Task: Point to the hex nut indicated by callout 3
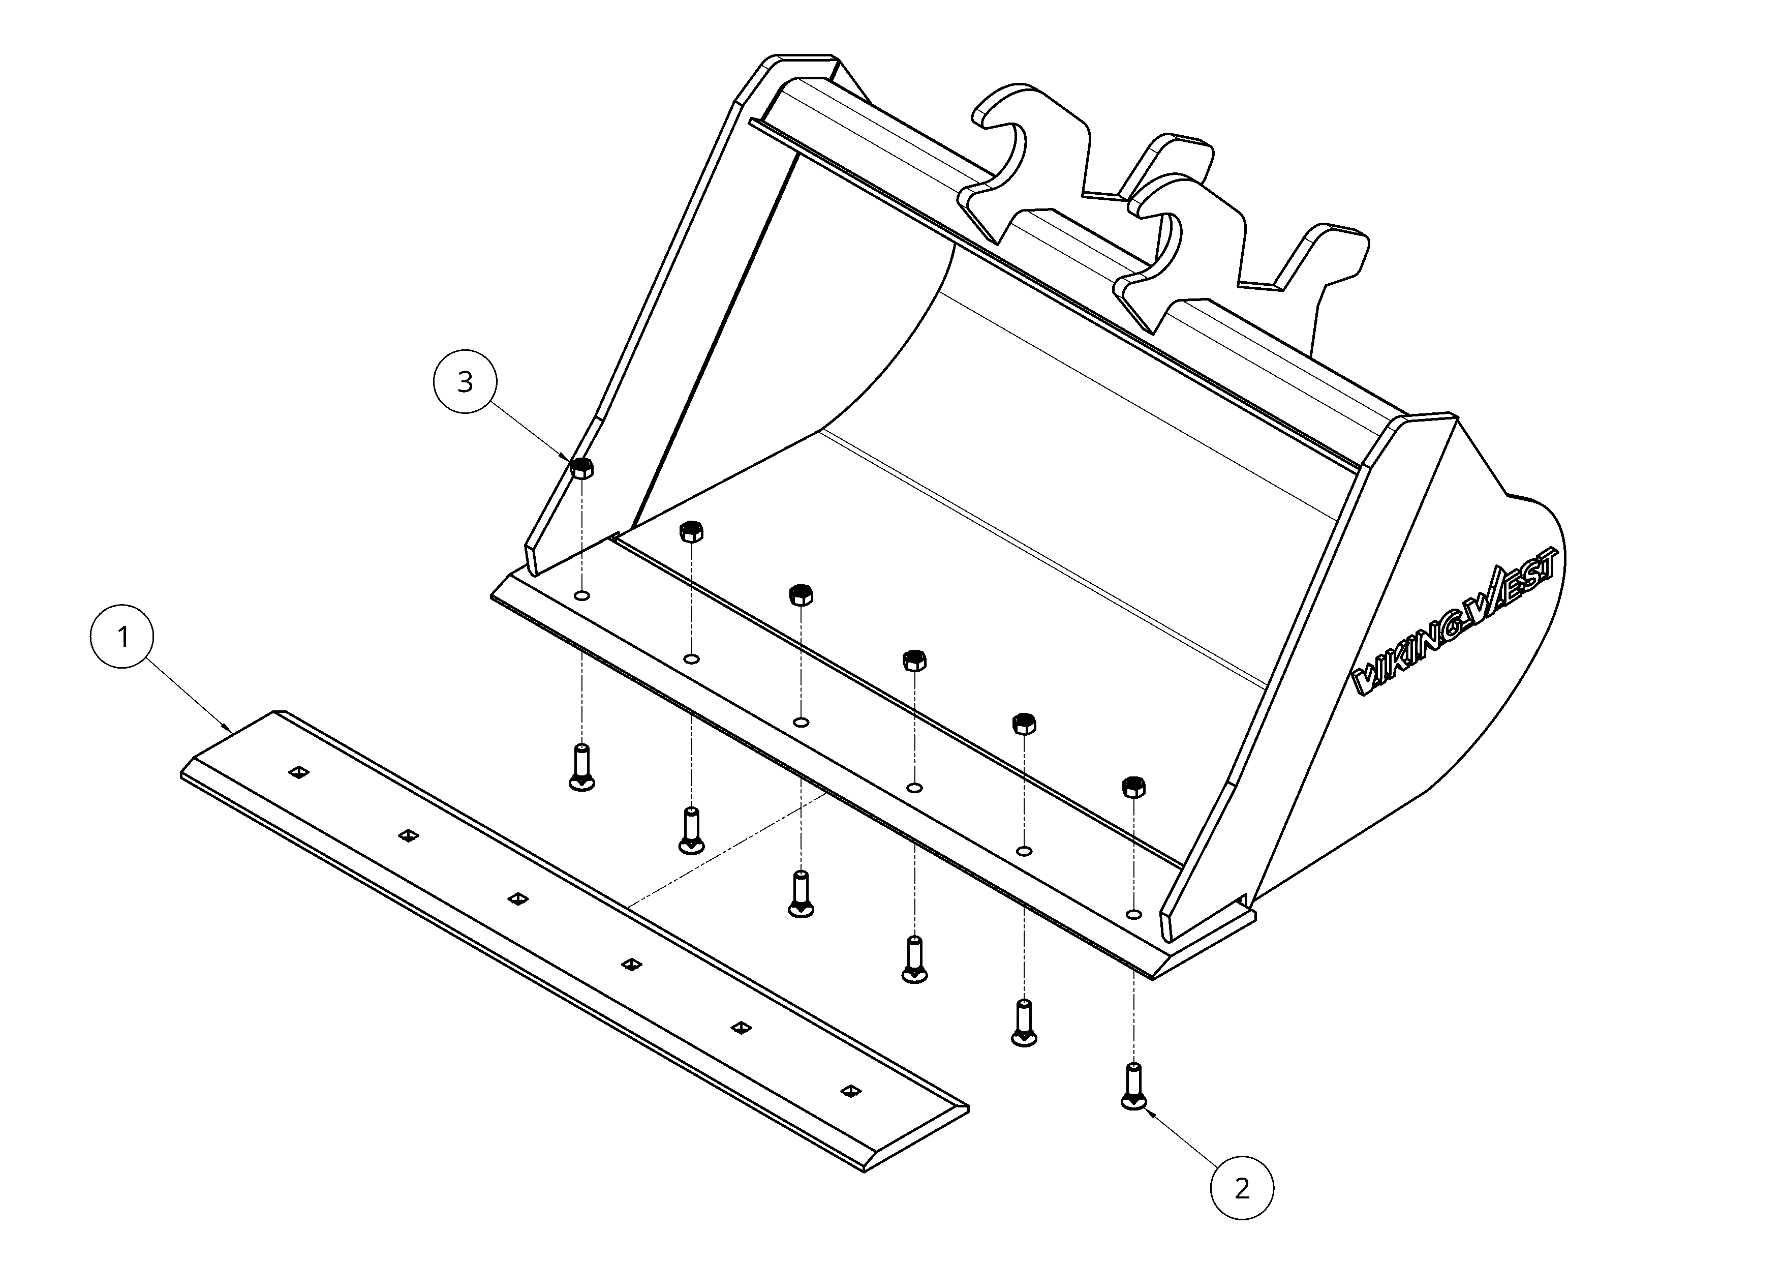pos(581,468)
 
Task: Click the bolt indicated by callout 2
pos(1134,1086)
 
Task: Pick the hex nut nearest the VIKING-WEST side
pos(1134,787)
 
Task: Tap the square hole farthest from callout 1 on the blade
pos(852,1091)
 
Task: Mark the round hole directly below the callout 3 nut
pos(581,596)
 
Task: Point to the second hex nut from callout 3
pos(691,531)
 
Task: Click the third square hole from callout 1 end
pos(518,899)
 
